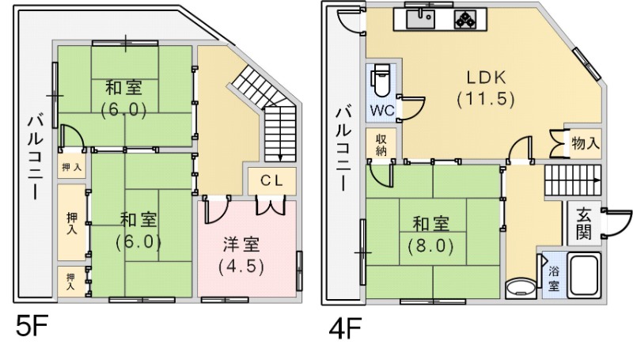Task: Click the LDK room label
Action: pos(485,88)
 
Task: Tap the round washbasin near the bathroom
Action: pos(520,286)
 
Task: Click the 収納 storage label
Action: pos(381,144)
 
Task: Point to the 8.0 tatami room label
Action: pos(430,235)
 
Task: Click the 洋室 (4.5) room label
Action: pos(241,253)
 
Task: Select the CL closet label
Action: pos(271,179)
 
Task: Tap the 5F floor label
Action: pos(29,327)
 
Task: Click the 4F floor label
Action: pos(344,327)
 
